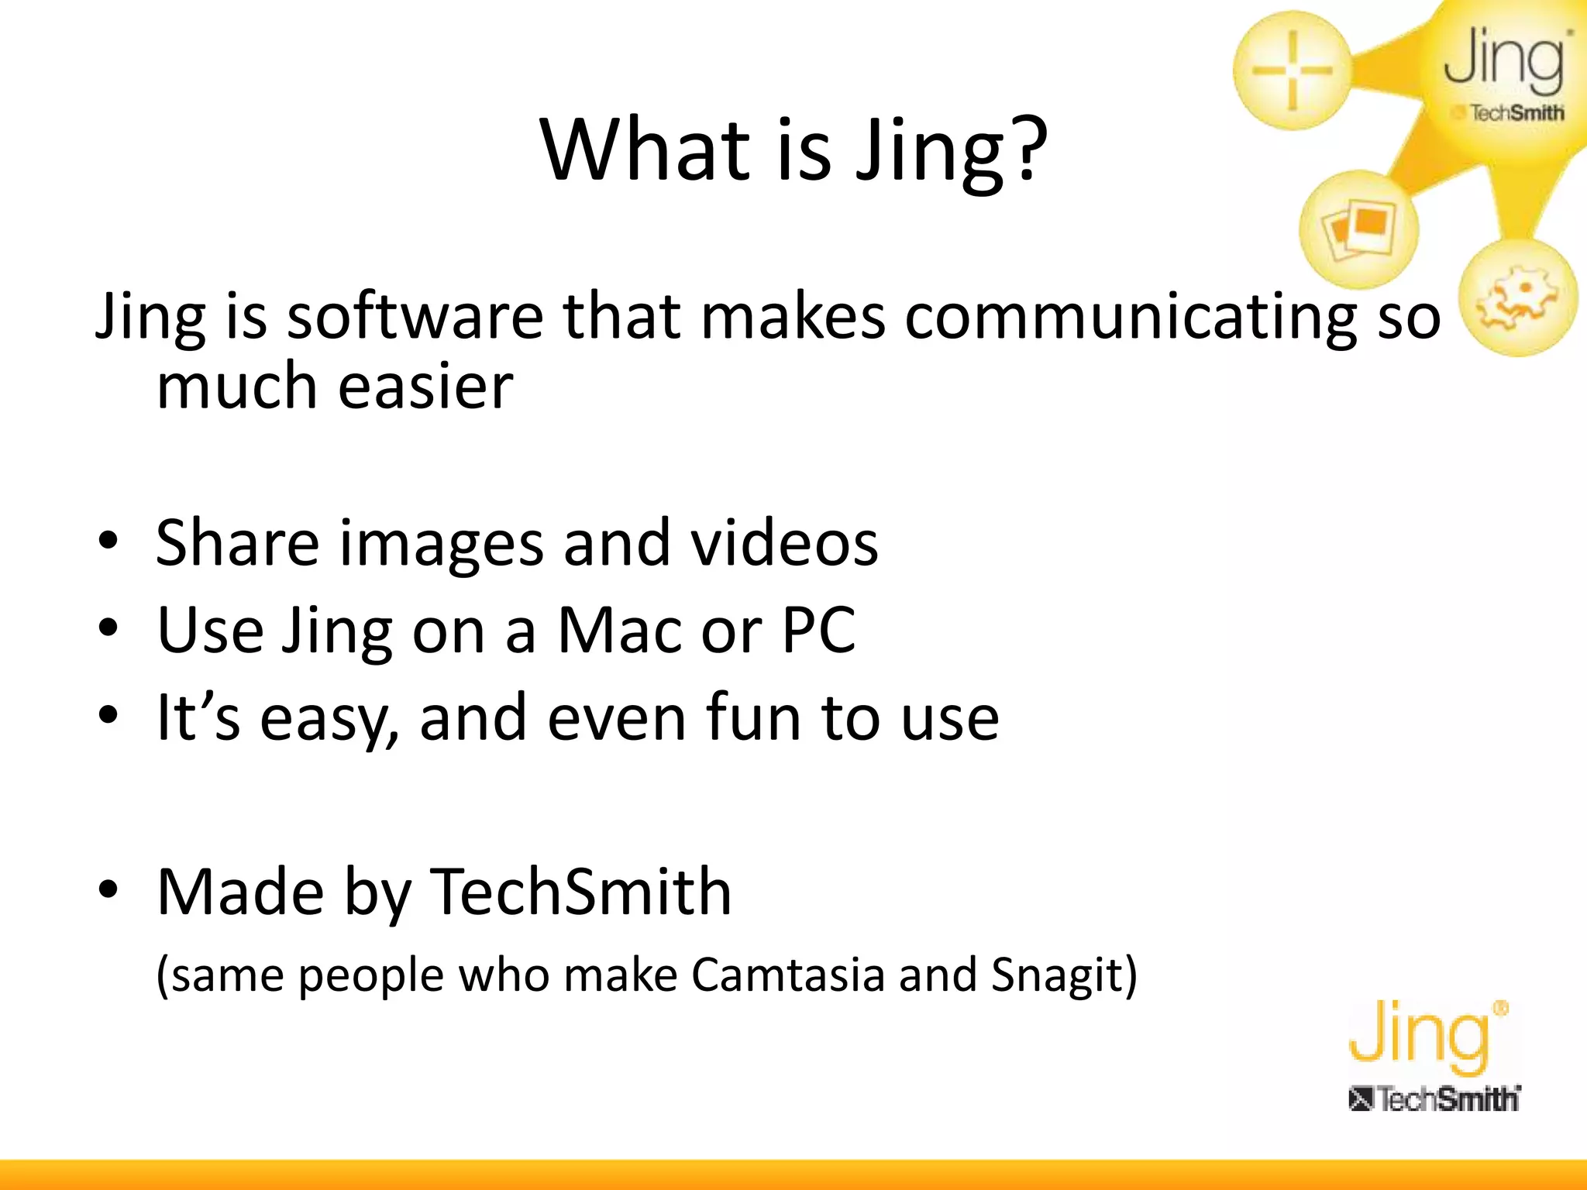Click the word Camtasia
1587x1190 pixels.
point(787,975)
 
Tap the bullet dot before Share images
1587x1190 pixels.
point(108,541)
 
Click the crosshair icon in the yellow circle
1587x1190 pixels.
point(1292,71)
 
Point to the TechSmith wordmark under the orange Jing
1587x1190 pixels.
point(1434,1099)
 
